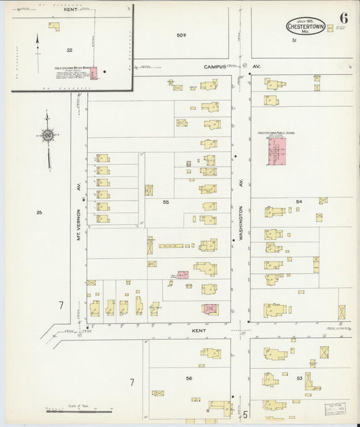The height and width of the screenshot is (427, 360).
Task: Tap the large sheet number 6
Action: (343, 18)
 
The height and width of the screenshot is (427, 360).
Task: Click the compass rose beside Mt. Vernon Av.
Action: (48, 136)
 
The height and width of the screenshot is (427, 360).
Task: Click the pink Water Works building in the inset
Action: (95, 72)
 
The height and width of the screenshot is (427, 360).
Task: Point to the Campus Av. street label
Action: (218, 67)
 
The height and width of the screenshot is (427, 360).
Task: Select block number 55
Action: (165, 201)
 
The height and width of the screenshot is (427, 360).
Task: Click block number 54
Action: (299, 201)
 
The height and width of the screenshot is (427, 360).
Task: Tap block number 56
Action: (189, 378)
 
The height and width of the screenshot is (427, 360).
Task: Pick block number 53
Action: (299, 378)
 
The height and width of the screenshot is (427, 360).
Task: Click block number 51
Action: (294, 41)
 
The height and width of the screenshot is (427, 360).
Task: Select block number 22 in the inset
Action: (70, 50)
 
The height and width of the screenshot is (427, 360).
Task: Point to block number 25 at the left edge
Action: (39, 213)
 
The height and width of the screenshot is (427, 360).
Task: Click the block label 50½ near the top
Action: (180, 34)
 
